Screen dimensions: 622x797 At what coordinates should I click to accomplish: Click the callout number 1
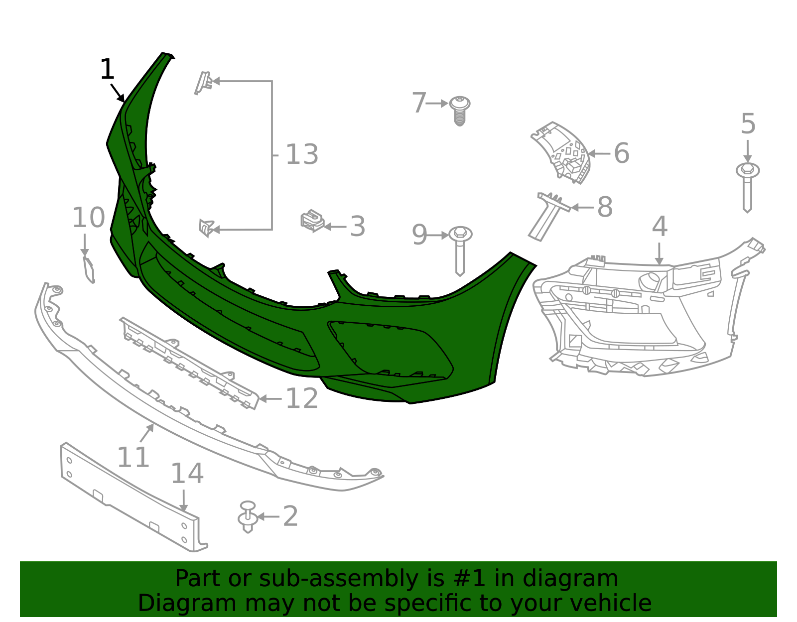click(x=107, y=70)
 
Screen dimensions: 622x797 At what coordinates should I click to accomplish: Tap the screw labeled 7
click(x=459, y=110)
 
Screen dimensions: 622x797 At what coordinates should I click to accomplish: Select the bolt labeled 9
click(x=460, y=249)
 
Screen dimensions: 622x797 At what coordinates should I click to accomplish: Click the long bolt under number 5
click(x=747, y=187)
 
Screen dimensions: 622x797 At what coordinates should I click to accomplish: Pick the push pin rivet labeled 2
click(x=248, y=518)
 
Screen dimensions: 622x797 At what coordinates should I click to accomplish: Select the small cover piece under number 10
click(x=89, y=269)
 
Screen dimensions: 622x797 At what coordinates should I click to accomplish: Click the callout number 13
click(x=302, y=155)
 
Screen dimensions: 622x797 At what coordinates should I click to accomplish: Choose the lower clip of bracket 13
click(x=206, y=228)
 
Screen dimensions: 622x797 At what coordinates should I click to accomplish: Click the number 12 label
click(x=302, y=399)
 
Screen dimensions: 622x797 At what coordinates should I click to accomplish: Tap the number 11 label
click(x=133, y=458)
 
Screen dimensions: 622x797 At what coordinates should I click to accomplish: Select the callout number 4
click(x=660, y=227)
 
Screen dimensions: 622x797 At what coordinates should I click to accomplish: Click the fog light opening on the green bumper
click(x=389, y=349)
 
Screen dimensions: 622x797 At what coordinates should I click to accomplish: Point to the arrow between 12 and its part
click(x=271, y=399)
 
